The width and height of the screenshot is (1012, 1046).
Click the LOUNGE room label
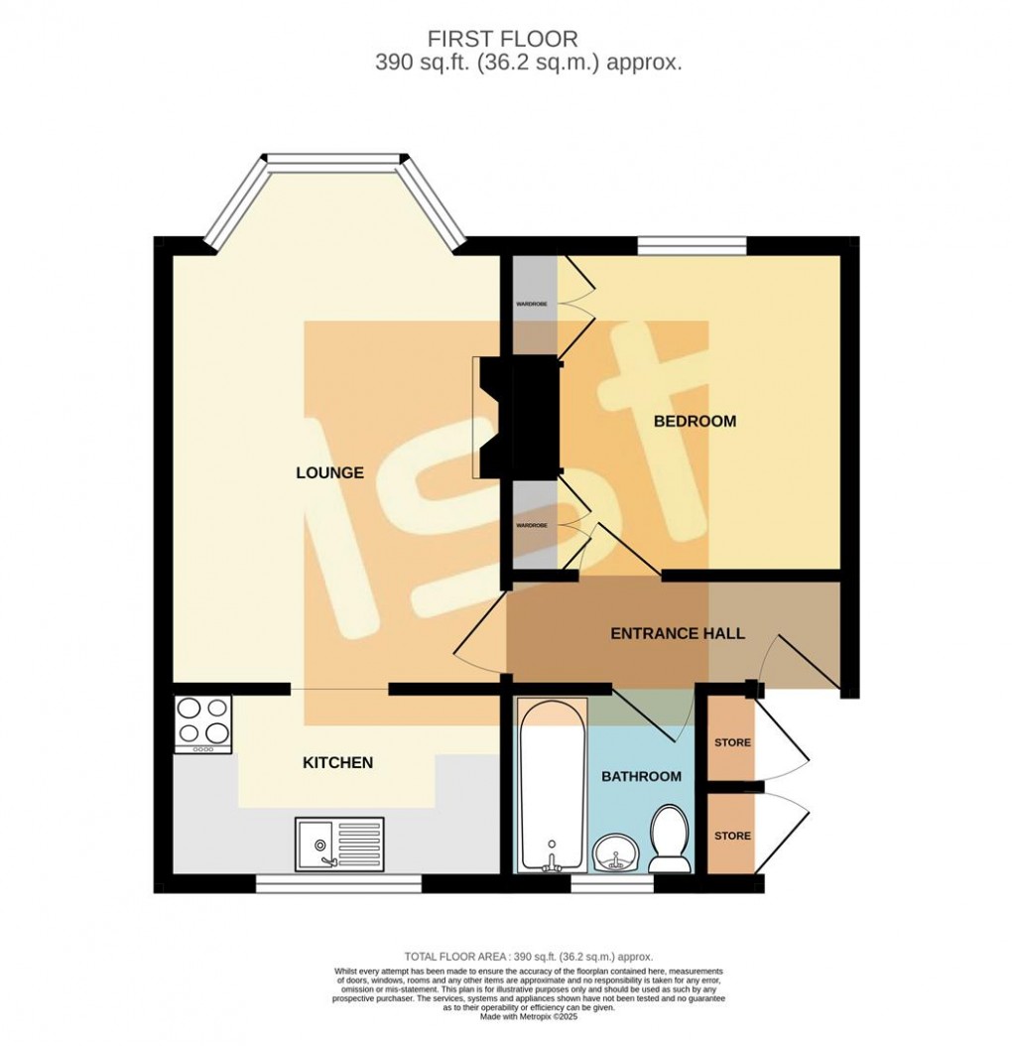[329, 473]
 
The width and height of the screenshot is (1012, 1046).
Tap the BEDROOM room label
[695, 422]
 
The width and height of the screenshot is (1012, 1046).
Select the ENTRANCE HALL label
[677, 633]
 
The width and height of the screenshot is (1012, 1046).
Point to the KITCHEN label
[337, 762]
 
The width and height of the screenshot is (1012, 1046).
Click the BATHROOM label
[641, 776]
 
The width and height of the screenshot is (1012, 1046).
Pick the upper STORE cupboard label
[732, 742]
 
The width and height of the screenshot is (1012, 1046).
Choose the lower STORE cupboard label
[732, 836]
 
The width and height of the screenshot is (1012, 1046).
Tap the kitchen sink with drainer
[339, 844]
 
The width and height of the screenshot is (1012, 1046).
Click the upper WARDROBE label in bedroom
[531, 304]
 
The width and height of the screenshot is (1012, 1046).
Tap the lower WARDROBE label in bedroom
[531, 524]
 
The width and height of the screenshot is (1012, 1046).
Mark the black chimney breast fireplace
[521, 417]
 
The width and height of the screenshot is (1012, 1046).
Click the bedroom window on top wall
[691, 244]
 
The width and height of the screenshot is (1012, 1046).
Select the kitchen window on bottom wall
[338, 882]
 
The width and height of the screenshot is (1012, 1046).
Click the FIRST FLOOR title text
[502, 39]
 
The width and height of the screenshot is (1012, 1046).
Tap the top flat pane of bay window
[334, 159]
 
